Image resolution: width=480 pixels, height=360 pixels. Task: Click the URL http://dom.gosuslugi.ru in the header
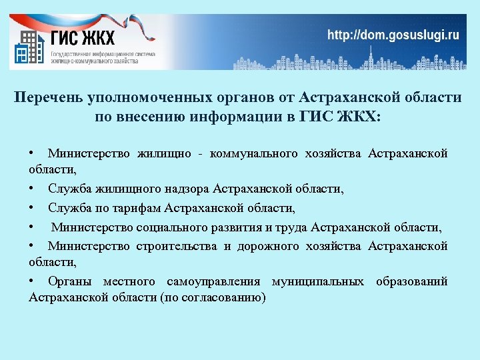(393, 35)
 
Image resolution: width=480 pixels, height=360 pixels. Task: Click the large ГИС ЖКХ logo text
(83, 37)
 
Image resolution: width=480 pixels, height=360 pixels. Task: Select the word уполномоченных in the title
(148, 97)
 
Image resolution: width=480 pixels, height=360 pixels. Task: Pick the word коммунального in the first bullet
(254, 154)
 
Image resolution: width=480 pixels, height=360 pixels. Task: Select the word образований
(411, 281)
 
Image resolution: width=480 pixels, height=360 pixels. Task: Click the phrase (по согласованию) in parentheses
(213, 297)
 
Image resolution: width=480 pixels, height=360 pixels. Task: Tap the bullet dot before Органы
(32, 281)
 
